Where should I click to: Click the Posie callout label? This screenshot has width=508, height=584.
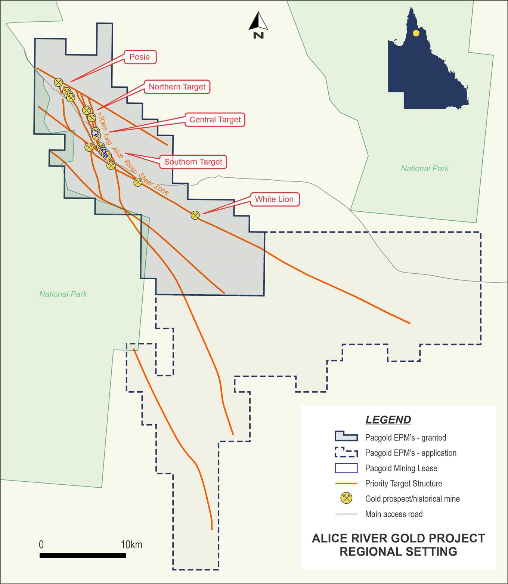tap(140, 57)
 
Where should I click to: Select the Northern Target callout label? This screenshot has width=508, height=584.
tap(177, 87)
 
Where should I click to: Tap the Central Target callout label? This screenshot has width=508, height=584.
tap(215, 120)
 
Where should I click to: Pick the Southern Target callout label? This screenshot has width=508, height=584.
tap(193, 162)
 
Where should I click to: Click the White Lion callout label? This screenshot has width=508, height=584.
tap(274, 199)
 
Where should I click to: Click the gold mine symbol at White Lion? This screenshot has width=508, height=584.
tap(195, 215)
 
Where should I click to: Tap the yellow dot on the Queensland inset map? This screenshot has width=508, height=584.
tap(416, 33)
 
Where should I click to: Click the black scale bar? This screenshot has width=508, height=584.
tap(83, 556)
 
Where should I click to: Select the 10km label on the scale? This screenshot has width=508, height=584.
tap(131, 545)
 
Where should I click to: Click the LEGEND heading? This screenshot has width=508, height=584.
tap(388, 420)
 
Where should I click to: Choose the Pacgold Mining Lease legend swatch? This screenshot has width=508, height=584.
tap(346, 468)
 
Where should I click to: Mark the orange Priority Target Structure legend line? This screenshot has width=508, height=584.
tap(346, 484)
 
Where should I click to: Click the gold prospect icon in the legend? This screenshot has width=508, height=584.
tap(346, 498)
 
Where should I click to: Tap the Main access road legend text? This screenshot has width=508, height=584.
tap(394, 514)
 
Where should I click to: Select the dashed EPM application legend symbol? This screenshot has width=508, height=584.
tap(346, 453)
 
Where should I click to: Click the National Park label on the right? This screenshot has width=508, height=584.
tap(425, 168)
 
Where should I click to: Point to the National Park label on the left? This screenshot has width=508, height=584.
tap(63, 294)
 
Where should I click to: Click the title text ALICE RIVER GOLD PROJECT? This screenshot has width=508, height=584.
tap(398, 538)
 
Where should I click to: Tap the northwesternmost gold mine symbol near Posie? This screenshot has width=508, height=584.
tap(59, 82)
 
